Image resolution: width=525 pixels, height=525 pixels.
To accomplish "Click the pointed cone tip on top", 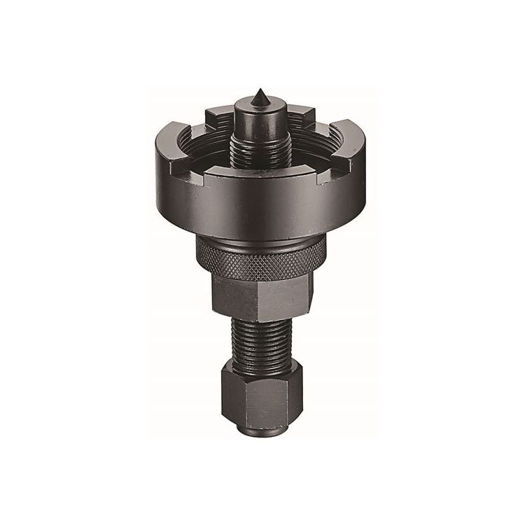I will click(259, 94).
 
